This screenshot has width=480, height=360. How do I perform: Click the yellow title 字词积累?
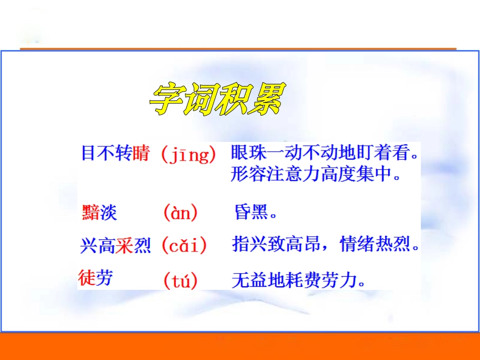coord(217,99)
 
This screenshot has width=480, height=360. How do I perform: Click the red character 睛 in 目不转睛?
coord(141,153)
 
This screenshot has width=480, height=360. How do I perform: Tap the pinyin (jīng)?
coord(188,154)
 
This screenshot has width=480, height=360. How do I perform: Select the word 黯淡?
coord(99,213)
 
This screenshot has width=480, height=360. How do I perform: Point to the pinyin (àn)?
coord(180,213)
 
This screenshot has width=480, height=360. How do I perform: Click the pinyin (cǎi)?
coord(184,246)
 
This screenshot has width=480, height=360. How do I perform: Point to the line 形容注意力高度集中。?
coord(316,174)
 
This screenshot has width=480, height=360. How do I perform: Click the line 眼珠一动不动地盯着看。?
coord(325,152)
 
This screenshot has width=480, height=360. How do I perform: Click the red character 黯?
coord(90,213)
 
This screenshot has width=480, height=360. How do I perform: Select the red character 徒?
coord(86,278)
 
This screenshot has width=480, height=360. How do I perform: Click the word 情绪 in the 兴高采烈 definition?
coord(357,245)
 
